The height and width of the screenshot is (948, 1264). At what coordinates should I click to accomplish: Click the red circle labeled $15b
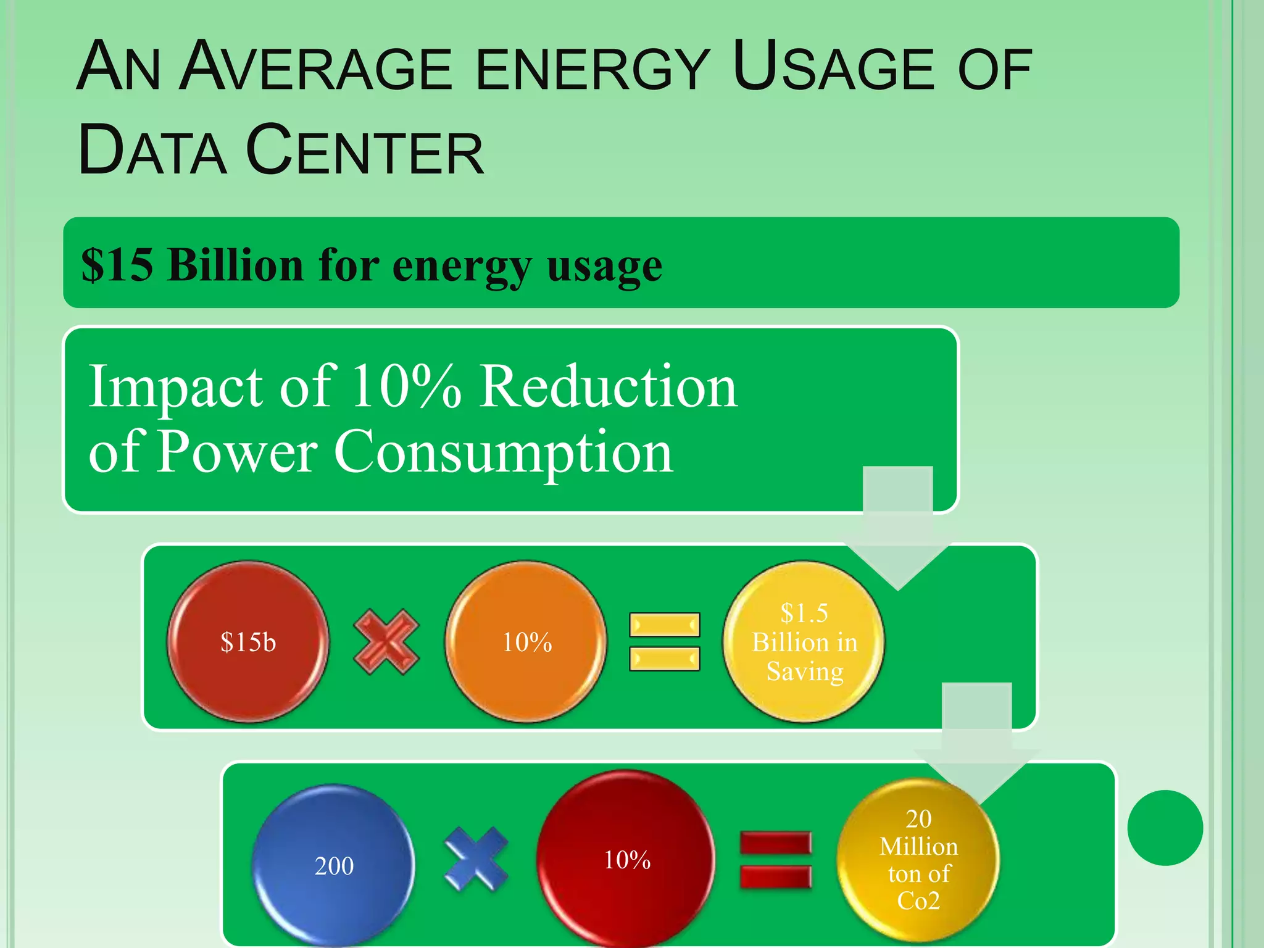point(248,642)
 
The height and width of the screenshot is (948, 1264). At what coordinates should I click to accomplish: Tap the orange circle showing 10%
point(526,642)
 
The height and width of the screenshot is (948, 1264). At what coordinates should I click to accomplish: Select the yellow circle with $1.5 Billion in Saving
point(804,642)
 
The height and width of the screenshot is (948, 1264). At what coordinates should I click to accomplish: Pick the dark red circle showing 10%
point(626,859)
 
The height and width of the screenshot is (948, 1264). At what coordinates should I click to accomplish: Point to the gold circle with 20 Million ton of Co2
point(918,859)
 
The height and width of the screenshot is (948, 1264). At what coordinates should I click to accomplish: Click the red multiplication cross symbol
point(386,642)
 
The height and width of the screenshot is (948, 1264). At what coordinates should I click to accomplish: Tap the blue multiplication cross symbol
point(476,859)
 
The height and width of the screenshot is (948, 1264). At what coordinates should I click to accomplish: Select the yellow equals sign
point(665,642)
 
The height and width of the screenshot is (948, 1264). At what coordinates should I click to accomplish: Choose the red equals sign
point(776,860)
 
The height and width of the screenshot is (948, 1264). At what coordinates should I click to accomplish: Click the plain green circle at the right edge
point(1165,828)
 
